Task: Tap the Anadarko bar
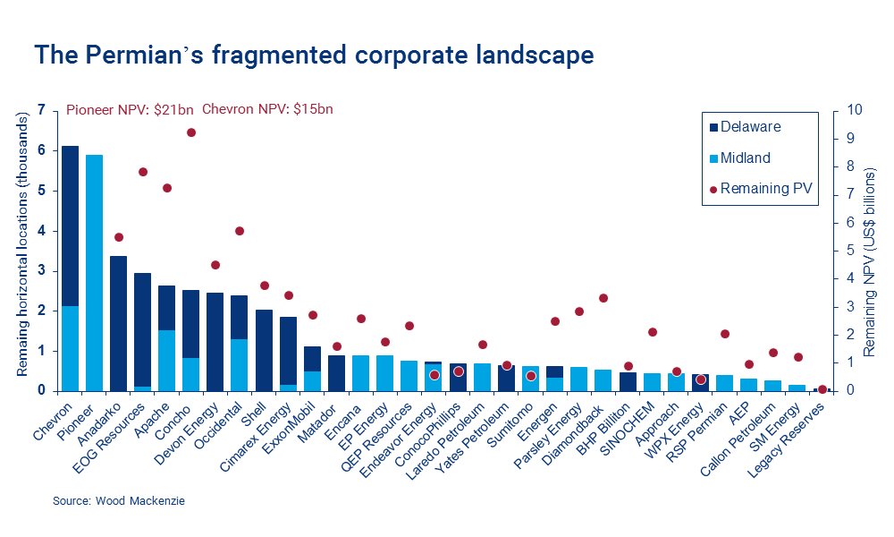118,323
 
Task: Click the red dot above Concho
190,132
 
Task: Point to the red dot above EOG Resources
142,172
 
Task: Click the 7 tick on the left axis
40,110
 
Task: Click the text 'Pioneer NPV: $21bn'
131,110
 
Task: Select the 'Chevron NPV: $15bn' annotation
267,110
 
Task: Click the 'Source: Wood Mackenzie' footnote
108,502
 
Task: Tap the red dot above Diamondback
603,298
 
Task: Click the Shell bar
264,350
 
